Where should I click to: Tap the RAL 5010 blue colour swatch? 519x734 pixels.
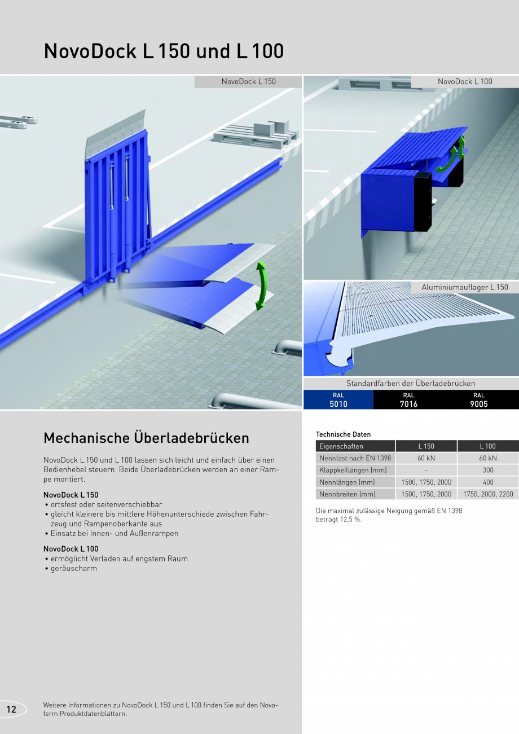pyautogui.click(x=338, y=399)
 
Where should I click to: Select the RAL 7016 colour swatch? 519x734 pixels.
pyautogui.click(x=408, y=399)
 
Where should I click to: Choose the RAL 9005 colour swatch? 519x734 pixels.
pyautogui.click(x=479, y=399)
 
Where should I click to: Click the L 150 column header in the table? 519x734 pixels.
pyautogui.click(x=426, y=446)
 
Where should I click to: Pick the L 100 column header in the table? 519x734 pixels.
pyautogui.click(x=487, y=446)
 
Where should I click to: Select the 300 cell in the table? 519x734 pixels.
pyautogui.click(x=487, y=470)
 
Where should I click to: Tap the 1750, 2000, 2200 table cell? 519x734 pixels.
pyautogui.click(x=487, y=494)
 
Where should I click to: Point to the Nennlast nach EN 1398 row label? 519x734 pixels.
pyautogui.click(x=355, y=458)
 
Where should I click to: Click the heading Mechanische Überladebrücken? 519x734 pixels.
pyautogui.click(x=146, y=438)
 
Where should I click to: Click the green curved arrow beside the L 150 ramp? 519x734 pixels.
pyautogui.click(x=260, y=285)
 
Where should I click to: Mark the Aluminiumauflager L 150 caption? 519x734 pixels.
pyautogui.click(x=465, y=287)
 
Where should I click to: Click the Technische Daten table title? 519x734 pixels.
pyautogui.click(x=344, y=434)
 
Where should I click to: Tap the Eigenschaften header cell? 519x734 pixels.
pyautogui.click(x=341, y=446)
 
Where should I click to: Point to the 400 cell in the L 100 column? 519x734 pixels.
pyautogui.click(x=487, y=482)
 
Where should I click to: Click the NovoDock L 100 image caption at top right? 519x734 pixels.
pyautogui.click(x=465, y=81)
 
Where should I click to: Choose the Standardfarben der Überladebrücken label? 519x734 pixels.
pyautogui.click(x=411, y=383)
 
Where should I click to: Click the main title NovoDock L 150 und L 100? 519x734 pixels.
pyautogui.click(x=164, y=51)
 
